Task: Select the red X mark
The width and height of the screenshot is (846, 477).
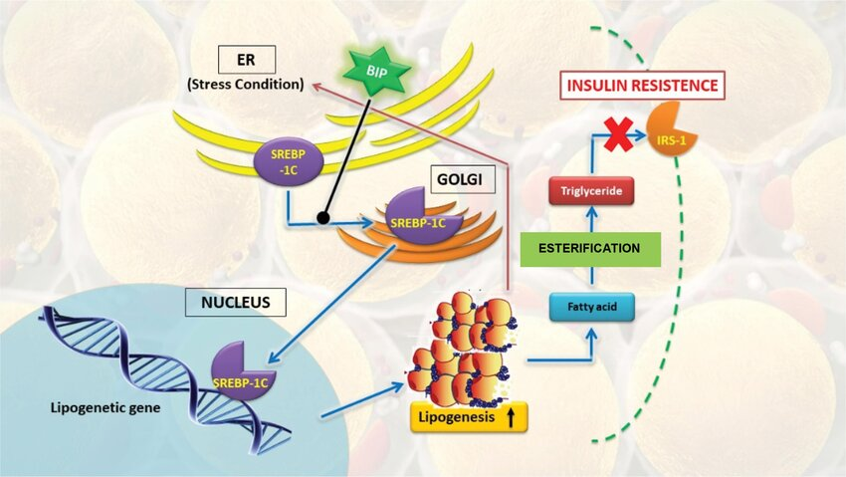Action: [x=619, y=134]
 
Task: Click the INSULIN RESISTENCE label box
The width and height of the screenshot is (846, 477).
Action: [x=642, y=86]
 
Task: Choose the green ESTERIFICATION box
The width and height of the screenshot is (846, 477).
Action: [x=589, y=248]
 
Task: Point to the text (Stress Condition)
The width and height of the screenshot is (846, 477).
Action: [x=244, y=84]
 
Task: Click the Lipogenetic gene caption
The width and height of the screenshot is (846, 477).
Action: [x=99, y=409]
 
